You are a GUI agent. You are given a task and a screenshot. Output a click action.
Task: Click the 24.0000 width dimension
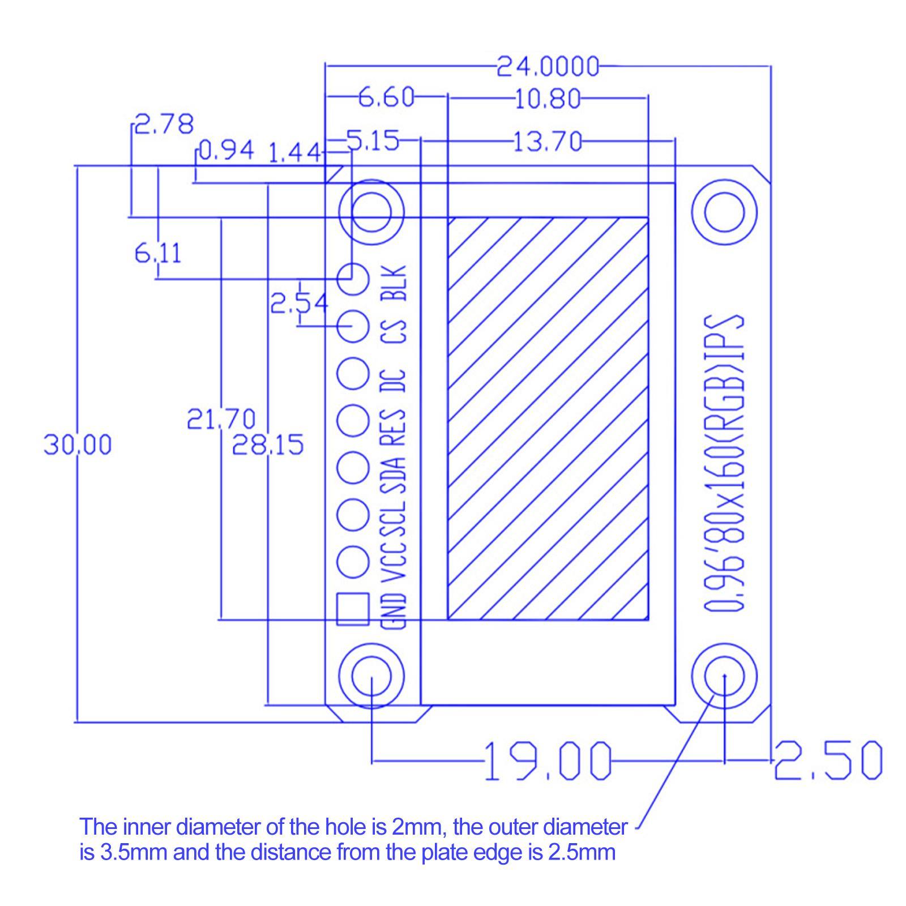click(x=548, y=67)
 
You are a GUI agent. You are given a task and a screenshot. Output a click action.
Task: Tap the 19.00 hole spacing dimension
click(x=548, y=760)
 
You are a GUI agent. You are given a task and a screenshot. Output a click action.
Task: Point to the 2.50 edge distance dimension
click(x=828, y=760)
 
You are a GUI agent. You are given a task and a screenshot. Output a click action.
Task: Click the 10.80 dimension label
click(x=548, y=99)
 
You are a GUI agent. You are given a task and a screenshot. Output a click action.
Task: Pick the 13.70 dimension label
click(x=548, y=141)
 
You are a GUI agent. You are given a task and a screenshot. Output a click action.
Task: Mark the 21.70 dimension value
click(x=221, y=420)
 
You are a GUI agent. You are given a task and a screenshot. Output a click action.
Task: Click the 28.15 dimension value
click(x=268, y=445)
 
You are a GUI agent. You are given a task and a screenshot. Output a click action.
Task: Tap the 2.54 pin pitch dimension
click(x=299, y=304)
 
